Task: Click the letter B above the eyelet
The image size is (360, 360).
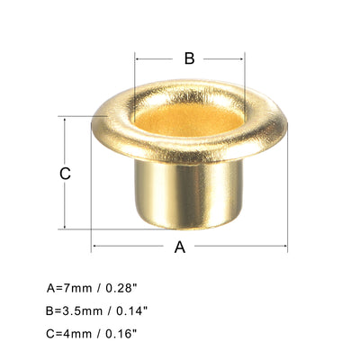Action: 189,58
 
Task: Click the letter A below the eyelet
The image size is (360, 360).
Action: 179,247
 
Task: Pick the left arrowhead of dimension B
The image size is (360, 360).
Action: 137,59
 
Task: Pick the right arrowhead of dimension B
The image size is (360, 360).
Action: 243,59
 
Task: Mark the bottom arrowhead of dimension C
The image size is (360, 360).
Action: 65,227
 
